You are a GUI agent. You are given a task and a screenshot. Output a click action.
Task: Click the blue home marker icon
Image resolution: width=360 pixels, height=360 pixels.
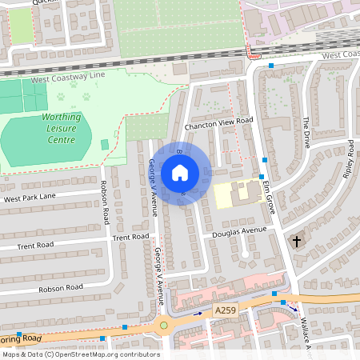click(180, 172)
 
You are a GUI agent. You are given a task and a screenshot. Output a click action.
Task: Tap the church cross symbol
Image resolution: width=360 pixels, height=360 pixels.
click(297, 240)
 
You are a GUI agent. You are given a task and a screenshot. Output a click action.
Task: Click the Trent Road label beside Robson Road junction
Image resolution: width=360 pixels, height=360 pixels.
click(131, 238)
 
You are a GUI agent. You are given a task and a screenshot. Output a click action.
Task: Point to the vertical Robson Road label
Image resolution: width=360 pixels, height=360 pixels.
click(104, 202)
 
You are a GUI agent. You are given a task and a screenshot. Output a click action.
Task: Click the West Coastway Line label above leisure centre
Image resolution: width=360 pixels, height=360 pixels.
click(68, 76)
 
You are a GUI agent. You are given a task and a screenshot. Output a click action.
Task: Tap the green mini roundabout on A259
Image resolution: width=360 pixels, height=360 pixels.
click(164, 325)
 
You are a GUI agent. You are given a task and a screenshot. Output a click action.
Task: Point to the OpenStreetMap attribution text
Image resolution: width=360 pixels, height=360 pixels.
click(80, 354)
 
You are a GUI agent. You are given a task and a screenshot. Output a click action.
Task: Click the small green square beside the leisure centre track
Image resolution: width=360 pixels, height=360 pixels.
click(104, 144)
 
